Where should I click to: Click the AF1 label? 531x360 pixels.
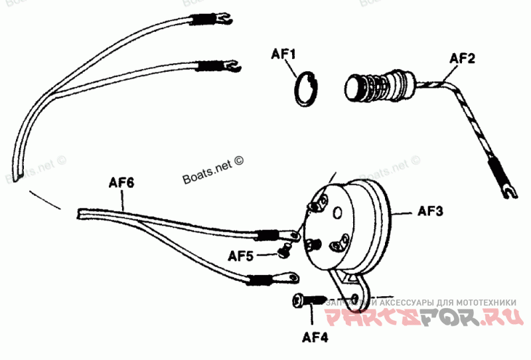[x=283, y=52]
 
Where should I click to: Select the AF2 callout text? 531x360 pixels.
[x=463, y=58]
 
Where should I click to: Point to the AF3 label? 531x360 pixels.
[x=430, y=212]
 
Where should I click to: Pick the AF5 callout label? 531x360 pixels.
[x=241, y=255]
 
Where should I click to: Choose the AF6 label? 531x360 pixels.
[x=121, y=182]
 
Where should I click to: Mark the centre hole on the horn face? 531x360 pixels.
[x=338, y=213]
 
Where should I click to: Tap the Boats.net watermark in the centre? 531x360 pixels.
[x=212, y=171]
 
